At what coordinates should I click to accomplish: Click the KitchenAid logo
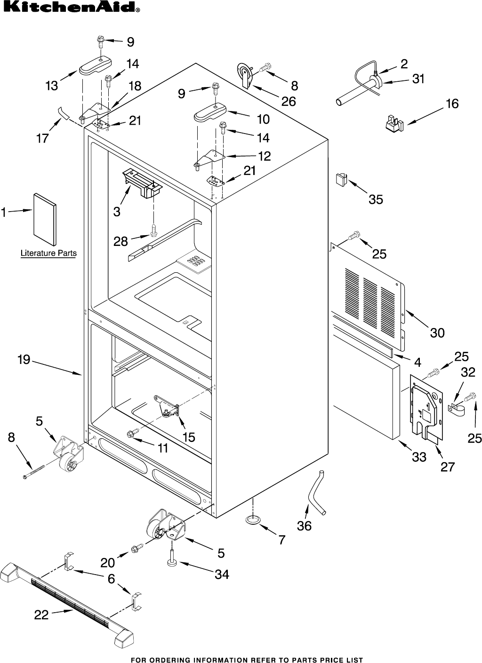[x=71, y=8]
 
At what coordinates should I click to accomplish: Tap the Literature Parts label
[x=48, y=253]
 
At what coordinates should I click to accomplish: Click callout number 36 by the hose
[x=304, y=526]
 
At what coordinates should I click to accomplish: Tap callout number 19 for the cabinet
[x=24, y=360]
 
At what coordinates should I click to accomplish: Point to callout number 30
[x=437, y=332]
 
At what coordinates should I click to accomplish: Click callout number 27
[x=447, y=466]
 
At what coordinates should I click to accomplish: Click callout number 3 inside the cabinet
[x=117, y=212]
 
